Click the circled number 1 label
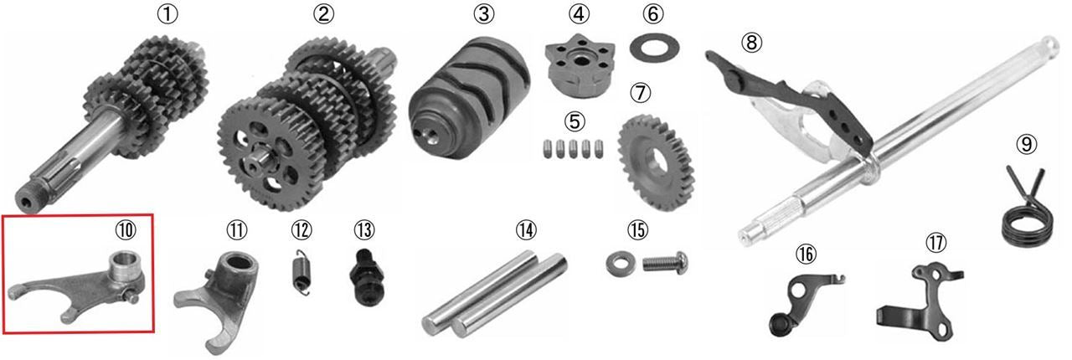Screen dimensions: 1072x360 point(167,14)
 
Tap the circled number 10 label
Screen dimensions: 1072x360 point(126,229)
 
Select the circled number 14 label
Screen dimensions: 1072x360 point(526,229)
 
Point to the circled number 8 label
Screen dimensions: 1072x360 point(752,42)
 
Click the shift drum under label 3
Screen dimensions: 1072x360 point(469,98)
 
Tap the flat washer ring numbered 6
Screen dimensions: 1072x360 point(654,49)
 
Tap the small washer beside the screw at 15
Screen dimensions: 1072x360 point(621,265)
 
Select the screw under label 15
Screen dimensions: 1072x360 point(665,263)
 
